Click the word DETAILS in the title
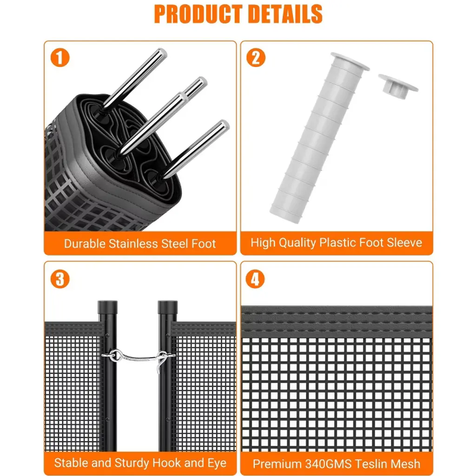285,14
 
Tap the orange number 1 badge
60,58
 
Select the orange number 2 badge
256,58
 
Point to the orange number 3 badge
60,279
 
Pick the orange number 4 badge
255,279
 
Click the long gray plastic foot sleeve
319,138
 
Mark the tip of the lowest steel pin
225,125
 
